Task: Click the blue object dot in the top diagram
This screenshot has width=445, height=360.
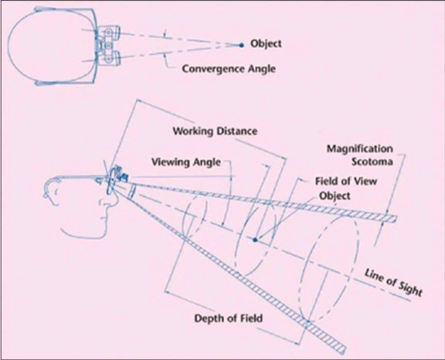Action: coord(241,44)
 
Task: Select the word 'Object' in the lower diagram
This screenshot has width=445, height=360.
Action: coord(334,195)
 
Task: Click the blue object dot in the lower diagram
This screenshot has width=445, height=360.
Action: coord(254,239)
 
